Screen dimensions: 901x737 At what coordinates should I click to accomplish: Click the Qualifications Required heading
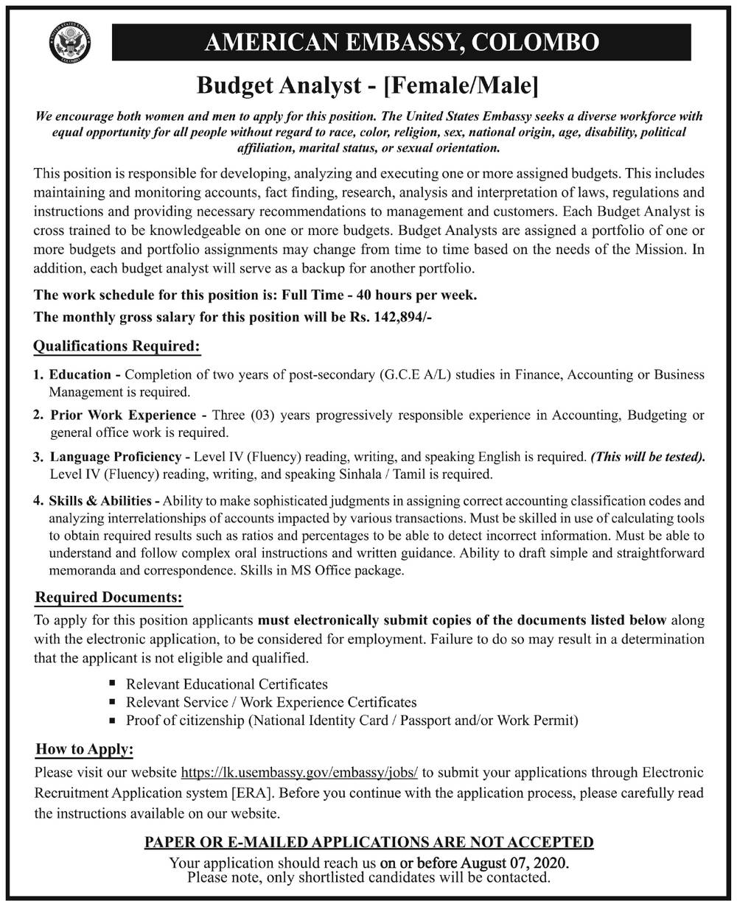(116, 346)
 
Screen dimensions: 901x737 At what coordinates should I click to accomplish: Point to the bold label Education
(80, 375)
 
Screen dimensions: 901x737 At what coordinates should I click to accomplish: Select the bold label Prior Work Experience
(123, 416)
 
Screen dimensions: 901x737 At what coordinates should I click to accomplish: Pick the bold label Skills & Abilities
(99, 499)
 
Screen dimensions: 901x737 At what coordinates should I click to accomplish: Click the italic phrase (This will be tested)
(647, 457)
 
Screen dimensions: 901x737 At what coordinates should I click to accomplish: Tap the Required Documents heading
(108, 597)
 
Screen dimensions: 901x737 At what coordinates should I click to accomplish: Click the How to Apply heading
(85, 750)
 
